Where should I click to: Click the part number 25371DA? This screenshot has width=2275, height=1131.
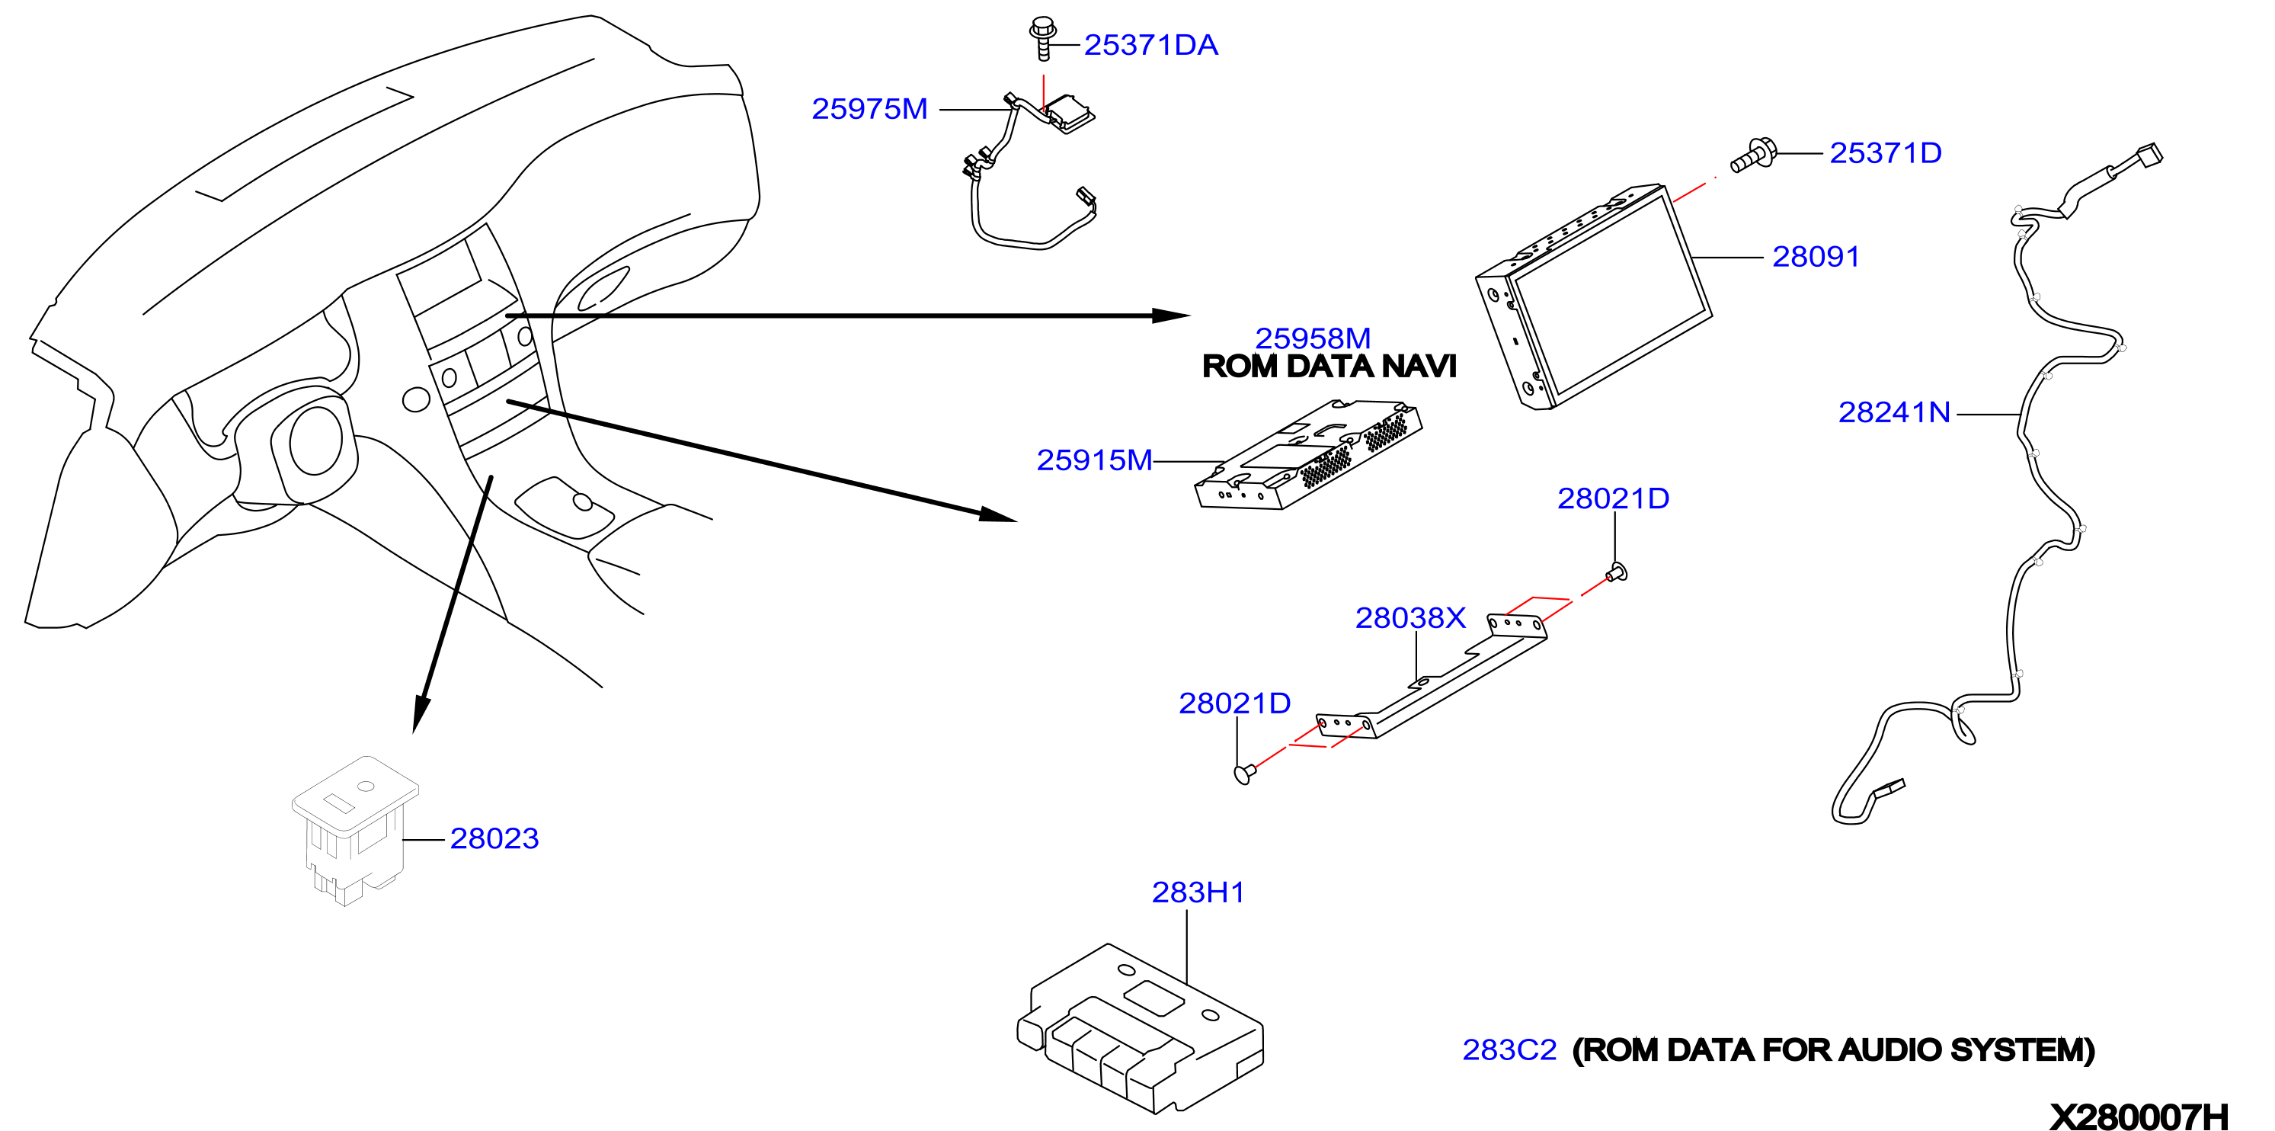[x=1150, y=45]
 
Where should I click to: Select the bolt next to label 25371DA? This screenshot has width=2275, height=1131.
[x=1043, y=38]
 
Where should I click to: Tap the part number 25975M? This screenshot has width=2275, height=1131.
[x=869, y=109]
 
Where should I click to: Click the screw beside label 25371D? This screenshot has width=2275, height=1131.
[x=1753, y=155]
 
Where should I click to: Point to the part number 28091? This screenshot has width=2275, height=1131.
[x=1816, y=256]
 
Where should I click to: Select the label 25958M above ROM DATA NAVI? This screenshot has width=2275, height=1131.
[x=1313, y=338]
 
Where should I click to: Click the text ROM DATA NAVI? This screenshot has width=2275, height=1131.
[x=1329, y=366]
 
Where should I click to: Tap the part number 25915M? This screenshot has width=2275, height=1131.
[x=1094, y=460]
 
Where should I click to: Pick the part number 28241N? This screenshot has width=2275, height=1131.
[x=1894, y=412]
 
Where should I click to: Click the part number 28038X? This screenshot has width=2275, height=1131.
[x=1410, y=617]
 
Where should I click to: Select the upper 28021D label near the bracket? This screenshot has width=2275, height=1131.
[x=1613, y=498]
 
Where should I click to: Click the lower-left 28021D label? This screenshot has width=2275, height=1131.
[x=1235, y=703]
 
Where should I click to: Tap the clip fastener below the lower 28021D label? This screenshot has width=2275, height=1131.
[x=1244, y=774]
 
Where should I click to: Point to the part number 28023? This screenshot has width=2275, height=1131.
[x=494, y=838]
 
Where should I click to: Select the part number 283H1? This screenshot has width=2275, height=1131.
[x=1198, y=892]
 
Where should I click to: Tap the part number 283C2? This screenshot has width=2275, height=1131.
[x=1509, y=1049]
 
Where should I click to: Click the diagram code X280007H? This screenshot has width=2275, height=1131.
[x=2139, y=1117]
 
